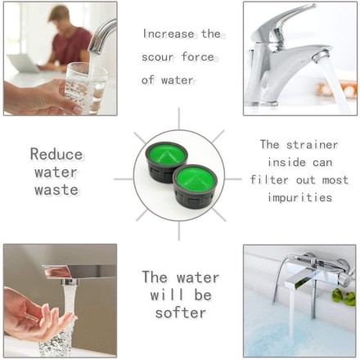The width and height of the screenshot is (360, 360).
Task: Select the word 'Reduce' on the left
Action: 56,153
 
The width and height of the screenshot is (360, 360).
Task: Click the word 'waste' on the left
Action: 56,190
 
